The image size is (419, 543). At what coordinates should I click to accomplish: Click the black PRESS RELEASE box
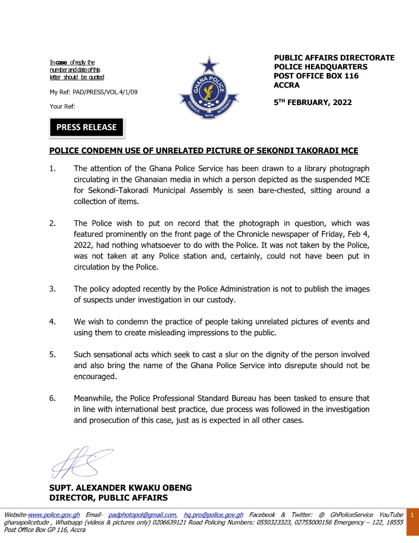[86, 128]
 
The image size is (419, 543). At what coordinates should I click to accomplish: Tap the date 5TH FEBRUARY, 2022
[312, 103]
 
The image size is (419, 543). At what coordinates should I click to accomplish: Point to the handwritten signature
[80, 462]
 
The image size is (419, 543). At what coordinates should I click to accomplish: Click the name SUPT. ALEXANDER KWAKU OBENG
[120, 488]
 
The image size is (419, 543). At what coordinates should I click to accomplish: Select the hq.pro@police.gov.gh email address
[214, 515]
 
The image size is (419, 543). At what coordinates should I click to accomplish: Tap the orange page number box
[412, 515]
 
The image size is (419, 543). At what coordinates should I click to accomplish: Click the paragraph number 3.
[52, 289]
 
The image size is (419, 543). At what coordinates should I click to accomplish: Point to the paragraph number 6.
[52, 398]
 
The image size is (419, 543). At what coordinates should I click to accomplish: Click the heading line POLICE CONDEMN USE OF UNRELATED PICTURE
[203, 151]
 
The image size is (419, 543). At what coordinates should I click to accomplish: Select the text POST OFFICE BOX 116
[316, 76]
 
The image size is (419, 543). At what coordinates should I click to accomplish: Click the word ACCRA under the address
[286, 85]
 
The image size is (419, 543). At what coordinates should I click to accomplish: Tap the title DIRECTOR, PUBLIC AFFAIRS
[108, 498]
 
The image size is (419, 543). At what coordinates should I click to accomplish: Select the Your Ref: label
[62, 106]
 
